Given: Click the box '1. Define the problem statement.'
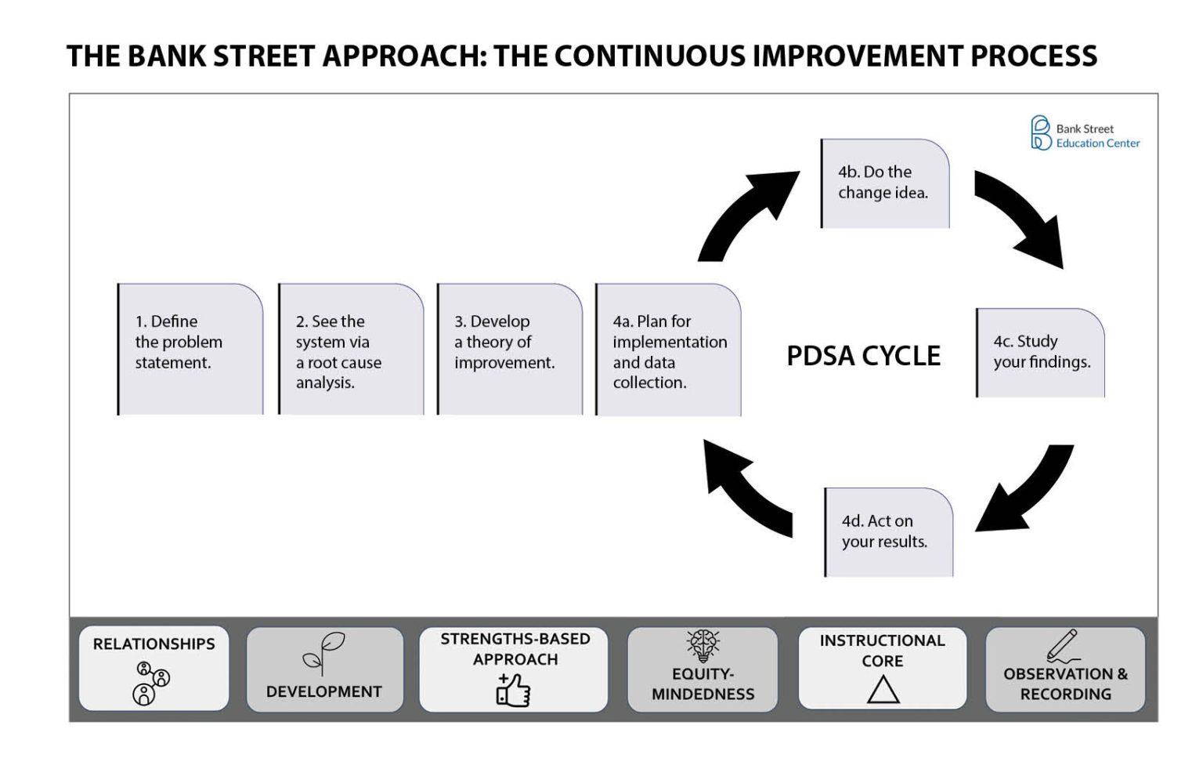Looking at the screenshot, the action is (190, 350).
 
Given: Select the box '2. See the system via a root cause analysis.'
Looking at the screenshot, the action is (351, 350).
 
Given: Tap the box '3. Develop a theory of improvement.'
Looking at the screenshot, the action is (510, 350).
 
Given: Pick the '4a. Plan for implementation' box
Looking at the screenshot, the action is (669, 350).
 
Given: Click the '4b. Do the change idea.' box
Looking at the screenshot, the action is (885, 183).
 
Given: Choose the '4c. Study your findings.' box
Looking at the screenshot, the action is (1040, 353).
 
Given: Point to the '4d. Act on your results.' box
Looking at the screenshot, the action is (889, 532).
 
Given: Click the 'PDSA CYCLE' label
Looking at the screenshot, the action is (864, 356).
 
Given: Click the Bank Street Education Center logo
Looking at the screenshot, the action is (1085, 132).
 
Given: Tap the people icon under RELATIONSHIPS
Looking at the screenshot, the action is (151, 683).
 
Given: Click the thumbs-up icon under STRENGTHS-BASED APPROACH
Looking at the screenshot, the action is (514, 690).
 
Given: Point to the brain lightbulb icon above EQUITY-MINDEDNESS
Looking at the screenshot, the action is (703, 646).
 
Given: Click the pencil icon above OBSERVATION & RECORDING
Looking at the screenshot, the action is (1062, 645).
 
